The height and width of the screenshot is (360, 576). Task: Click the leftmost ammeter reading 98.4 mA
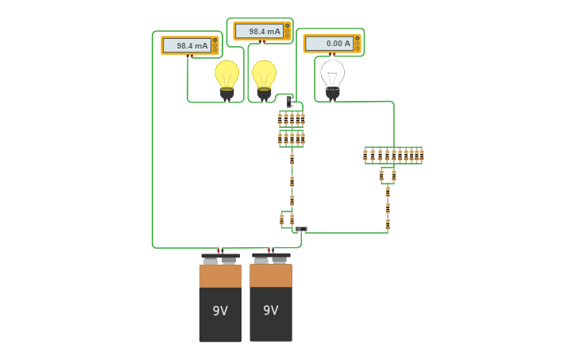[189, 45]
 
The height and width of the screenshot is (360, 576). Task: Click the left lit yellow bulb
[226, 75]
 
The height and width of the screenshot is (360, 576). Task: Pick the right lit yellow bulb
[265, 75]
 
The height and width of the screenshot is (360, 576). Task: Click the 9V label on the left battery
[220, 311]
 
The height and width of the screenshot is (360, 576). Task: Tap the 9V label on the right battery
[271, 310]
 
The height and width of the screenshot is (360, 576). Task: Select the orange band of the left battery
[220, 276]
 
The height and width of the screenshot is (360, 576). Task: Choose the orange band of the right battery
[271, 275]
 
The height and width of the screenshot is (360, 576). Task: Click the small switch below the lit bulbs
[290, 102]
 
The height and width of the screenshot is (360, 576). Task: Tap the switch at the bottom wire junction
[301, 229]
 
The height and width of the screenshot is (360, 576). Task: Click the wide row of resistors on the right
[393, 155]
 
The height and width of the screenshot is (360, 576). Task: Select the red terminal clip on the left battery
[220, 250]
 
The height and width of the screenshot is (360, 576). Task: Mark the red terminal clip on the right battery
[271, 250]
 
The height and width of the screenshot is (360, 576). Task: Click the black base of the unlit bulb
[333, 95]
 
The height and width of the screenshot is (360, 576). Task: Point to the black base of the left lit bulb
[226, 95]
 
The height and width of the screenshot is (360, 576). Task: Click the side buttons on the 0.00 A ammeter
[358, 43]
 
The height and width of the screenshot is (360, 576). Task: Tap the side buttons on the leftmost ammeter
[215, 45]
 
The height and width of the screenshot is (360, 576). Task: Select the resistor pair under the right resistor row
[387, 176]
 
